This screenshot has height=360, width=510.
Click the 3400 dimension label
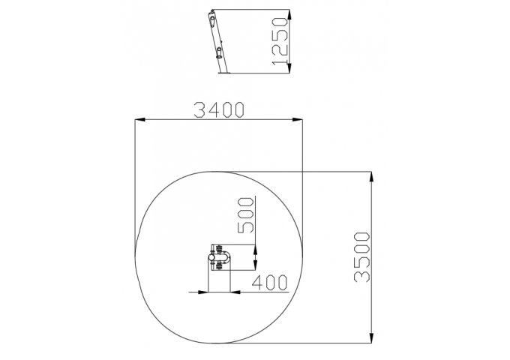(x=218, y=109)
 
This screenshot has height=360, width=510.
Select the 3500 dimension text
(x=361, y=257)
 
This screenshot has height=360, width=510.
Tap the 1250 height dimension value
(x=280, y=41)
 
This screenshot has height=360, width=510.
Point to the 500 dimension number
(x=245, y=215)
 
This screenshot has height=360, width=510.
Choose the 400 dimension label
(x=270, y=282)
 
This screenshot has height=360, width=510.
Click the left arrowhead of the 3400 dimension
(x=139, y=120)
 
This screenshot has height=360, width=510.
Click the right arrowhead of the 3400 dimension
(x=297, y=120)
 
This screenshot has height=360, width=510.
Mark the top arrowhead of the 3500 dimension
(x=371, y=176)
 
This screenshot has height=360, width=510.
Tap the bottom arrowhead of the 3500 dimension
(x=371, y=338)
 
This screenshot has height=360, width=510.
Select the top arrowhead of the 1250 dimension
(x=289, y=14)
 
